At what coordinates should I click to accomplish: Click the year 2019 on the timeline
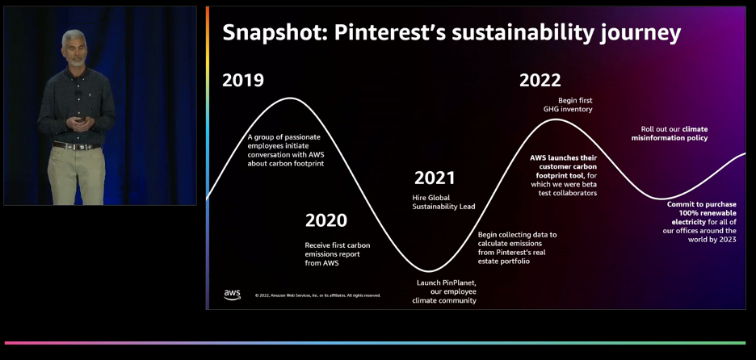click(x=243, y=80)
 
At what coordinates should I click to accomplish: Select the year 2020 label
click(x=325, y=220)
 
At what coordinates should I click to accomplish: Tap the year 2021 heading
click(x=435, y=178)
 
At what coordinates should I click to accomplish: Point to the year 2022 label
click(x=540, y=80)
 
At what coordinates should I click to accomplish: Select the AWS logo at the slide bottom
click(x=233, y=295)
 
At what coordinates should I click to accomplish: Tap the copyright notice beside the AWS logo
click(x=317, y=295)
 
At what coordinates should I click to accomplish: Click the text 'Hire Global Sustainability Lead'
click(x=443, y=202)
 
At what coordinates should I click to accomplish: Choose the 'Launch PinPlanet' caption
click(x=447, y=291)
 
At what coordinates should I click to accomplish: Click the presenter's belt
click(x=74, y=145)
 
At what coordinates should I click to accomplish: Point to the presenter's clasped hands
click(x=78, y=122)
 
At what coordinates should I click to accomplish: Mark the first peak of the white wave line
click(x=289, y=98)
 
